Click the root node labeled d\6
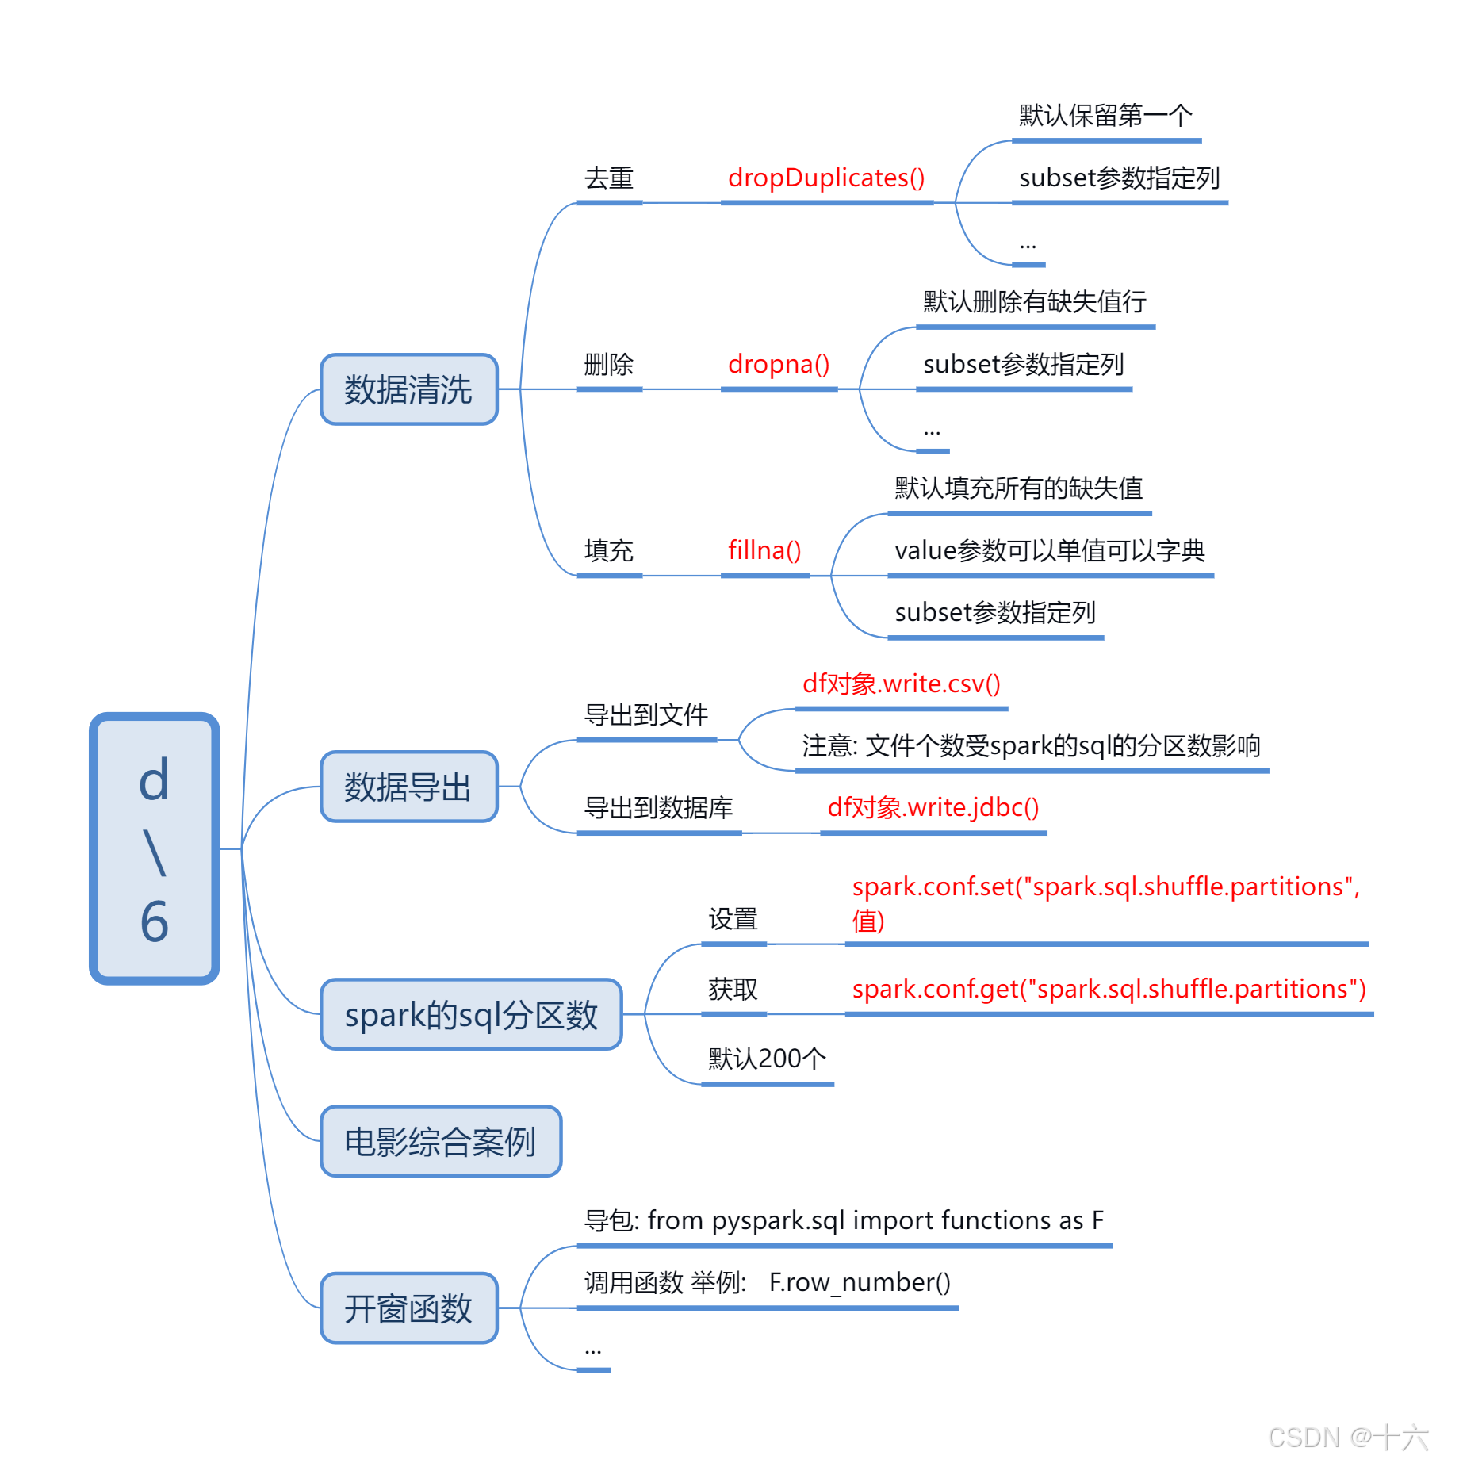tap(155, 848)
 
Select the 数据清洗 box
tap(409, 389)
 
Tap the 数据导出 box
tap(409, 787)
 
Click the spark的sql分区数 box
tap(471, 1014)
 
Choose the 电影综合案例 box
tap(441, 1141)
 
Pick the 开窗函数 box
tap(409, 1308)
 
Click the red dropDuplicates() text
tap(826, 178)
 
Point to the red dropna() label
tap(779, 365)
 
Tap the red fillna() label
tap(764, 550)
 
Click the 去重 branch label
tap(609, 178)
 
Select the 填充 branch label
tap(609, 550)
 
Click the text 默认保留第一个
tap(1105, 116)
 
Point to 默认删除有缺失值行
tap(1035, 302)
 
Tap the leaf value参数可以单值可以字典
tap(1050, 550)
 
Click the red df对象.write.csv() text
tap(902, 684)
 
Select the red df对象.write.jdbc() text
tap(933, 807)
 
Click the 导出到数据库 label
tap(658, 807)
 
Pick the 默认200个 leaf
tap(767, 1059)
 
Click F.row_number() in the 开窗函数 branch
tap(860, 1282)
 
